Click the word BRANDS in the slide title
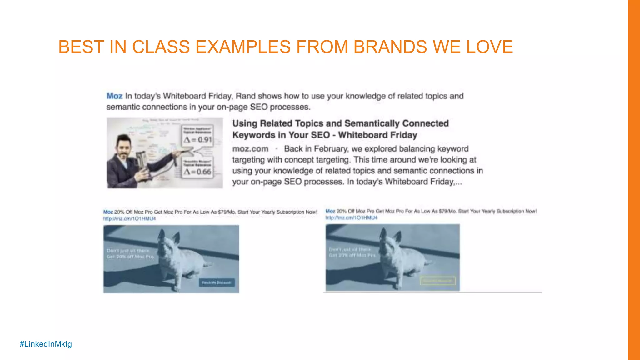click(390, 47)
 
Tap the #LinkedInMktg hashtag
click(46, 344)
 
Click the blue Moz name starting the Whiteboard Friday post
click(114, 96)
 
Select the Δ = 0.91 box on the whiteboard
click(197, 136)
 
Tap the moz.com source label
click(250, 149)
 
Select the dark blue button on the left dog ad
click(217, 283)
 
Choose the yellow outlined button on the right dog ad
click(437, 281)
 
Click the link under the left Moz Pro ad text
click(129, 219)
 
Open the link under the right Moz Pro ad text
click(351, 218)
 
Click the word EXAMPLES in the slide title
click(243, 47)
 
